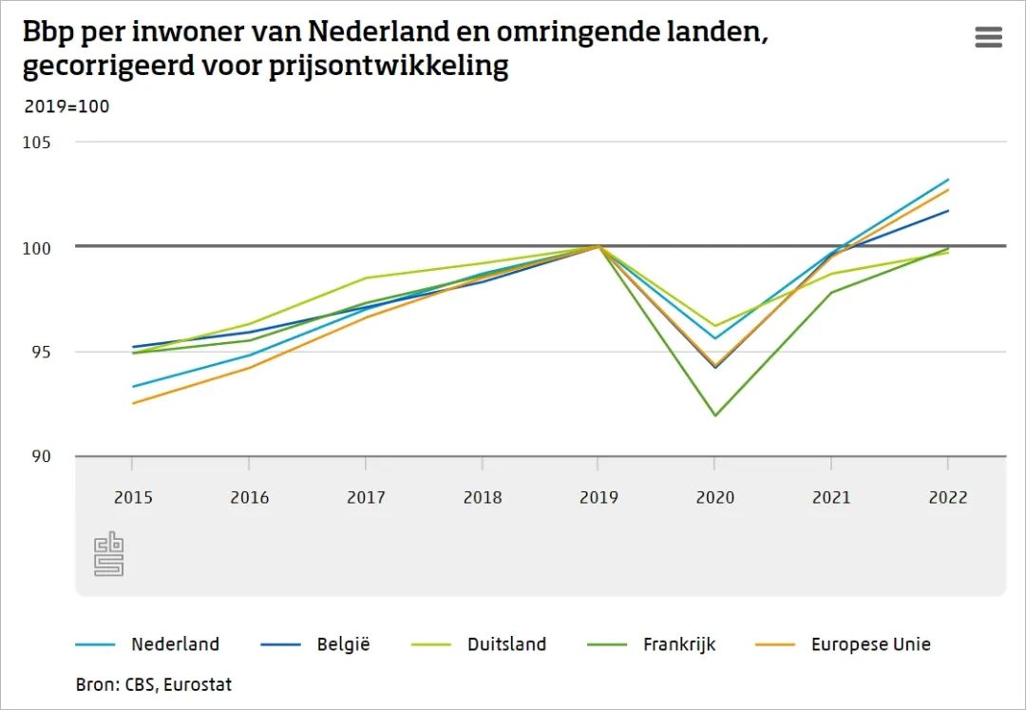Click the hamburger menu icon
(x=988, y=37)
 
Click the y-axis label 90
(x=40, y=456)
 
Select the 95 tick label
(x=40, y=352)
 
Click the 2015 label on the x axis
(x=132, y=497)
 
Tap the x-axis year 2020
(x=714, y=497)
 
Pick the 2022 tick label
(x=947, y=497)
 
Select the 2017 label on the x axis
(x=365, y=497)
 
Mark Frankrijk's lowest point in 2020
(x=714, y=415)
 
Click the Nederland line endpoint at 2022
(x=948, y=180)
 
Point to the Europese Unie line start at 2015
(x=133, y=403)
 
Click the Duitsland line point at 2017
(x=366, y=278)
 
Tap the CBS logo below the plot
(x=108, y=553)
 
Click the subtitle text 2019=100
(x=66, y=106)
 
